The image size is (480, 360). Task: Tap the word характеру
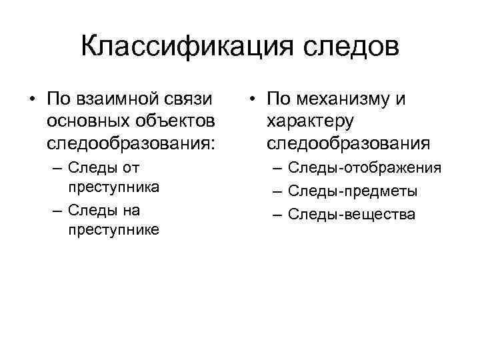pyautogui.click(x=309, y=121)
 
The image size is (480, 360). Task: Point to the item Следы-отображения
pyautogui.click(x=365, y=168)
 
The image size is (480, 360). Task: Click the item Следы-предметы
pyautogui.click(x=353, y=191)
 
